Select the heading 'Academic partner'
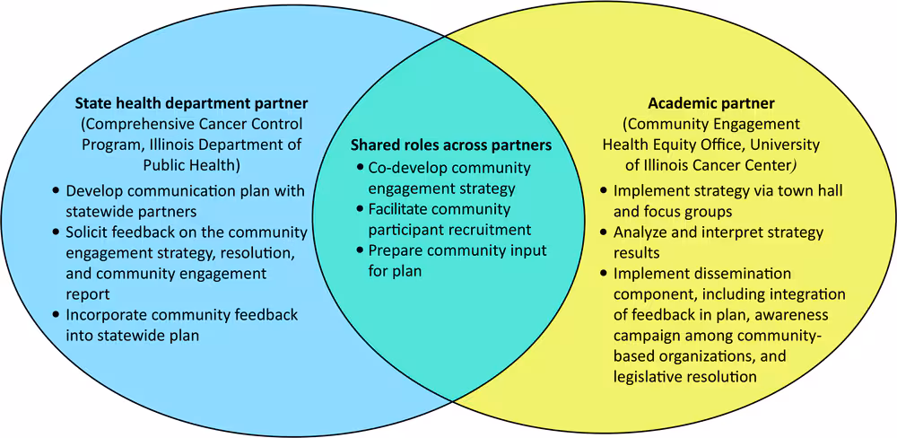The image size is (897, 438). click(711, 104)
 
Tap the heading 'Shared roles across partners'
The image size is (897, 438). click(450, 145)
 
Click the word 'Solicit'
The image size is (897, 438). click(91, 232)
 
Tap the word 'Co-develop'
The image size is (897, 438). click(408, 168)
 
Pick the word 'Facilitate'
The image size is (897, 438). click(403, 209)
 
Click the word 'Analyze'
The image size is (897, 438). click(642, 232)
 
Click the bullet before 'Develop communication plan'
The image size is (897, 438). click(57, 191)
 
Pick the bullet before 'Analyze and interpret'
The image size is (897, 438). click(604, 232)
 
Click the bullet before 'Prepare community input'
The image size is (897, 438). click(360, 250)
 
